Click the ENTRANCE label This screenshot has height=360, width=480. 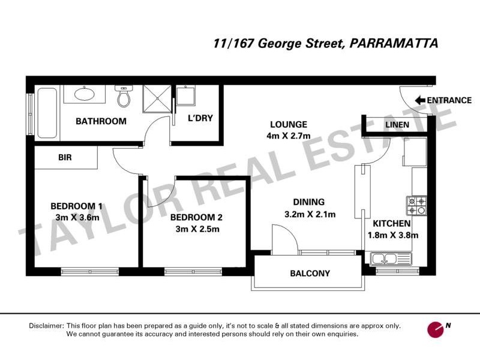tap(449, 100)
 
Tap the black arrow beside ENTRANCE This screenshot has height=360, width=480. tap(418, 100)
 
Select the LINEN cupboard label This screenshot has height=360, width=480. tap(397, 125)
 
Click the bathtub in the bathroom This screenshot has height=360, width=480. tap(46, 113)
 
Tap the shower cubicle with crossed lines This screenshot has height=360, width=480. tap(157, 98)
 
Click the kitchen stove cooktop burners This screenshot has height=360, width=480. tap(416, 206)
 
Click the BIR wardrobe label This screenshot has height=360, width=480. tap(65, 158)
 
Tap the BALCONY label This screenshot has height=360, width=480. tap(310, 274)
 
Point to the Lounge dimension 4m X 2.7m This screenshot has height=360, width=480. tap(288, 136)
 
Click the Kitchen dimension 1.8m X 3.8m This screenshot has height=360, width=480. tap(393, 235)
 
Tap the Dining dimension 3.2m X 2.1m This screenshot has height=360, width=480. tap(309, 214)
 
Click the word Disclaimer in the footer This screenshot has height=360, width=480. tap(46, 326)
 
